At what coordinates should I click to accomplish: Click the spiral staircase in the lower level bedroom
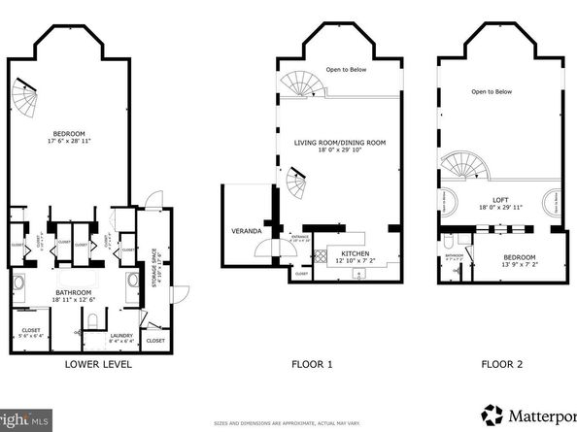pos(24,95)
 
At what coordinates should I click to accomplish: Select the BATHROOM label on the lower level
pos(73,292)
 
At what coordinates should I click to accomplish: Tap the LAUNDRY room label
pos(96,336)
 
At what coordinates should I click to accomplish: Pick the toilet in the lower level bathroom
pos(90,319)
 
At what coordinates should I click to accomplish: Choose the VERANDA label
pos(244,231)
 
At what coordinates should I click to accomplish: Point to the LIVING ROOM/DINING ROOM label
pos(340,143)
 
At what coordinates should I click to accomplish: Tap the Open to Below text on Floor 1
pos(345,68)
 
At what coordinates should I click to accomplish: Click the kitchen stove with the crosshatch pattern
pos(318,258)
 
